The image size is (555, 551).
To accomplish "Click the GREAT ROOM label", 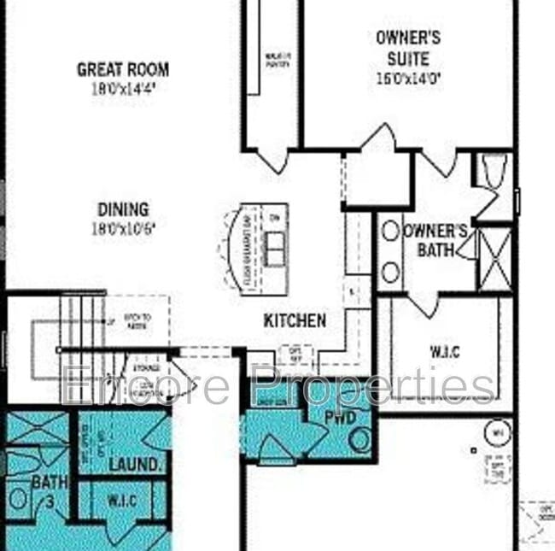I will (123, 69).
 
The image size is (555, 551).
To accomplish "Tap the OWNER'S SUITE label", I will (408, 48).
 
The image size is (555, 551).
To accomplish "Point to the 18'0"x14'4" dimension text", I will (123, 87).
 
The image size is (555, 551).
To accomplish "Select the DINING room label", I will (123, 209).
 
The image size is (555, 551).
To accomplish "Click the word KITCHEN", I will (295, 321).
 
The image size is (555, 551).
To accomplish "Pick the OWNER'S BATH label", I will (435, 240).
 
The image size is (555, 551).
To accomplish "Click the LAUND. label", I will (135, 464).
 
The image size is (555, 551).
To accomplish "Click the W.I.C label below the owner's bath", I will (445, 351).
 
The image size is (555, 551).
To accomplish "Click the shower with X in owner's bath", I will (495, 259).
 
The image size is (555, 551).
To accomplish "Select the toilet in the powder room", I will (360, 441).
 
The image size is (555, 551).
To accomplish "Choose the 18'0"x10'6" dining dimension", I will (123, 228).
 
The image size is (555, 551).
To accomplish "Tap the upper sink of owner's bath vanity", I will (390, 231).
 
